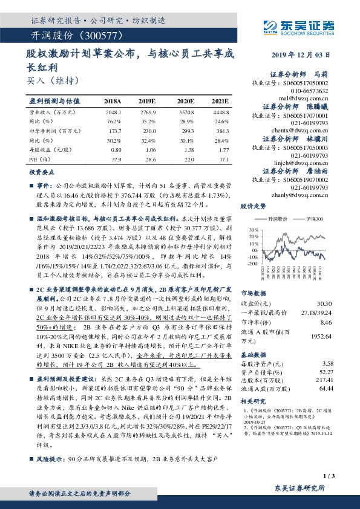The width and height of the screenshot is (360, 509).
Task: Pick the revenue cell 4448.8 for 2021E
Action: click(220, 112)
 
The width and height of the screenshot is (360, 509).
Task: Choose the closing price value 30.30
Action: click(323, 303)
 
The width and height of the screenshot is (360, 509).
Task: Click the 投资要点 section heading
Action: click(41, 172)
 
